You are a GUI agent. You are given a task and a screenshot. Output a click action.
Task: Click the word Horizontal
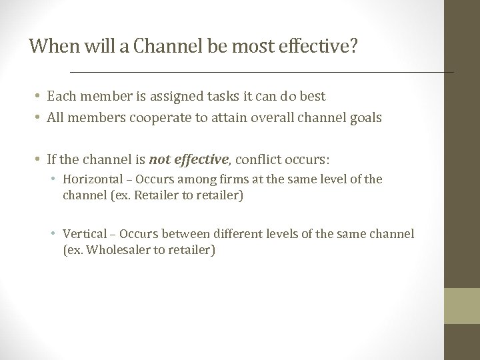tap(90, 179)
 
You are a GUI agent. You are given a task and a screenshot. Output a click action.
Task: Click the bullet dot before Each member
tap(39, 97)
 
